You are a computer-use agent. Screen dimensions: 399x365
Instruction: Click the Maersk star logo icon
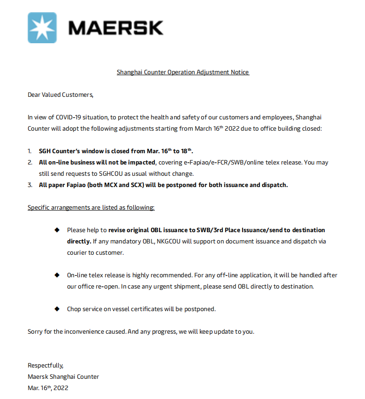point(42,28)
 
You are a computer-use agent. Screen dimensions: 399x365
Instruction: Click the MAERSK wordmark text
point(115,28)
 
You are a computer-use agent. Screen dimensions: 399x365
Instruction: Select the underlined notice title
point(183,72)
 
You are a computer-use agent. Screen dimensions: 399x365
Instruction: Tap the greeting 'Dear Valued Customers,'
point(61,95)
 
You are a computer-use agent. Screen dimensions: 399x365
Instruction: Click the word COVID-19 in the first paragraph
point(69,117)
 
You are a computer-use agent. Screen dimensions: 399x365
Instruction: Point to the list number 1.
point(30,151)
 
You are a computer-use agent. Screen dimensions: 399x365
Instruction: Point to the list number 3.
point(30,185)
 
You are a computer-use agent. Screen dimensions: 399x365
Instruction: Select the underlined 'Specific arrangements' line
point(91,207)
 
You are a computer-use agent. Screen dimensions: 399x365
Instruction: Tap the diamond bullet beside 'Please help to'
point(57,230)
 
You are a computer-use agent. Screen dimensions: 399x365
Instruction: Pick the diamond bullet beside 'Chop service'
point(57,309)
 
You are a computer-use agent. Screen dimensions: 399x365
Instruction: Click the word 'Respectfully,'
point(46,366)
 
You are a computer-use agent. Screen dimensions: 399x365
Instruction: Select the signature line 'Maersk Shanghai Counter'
point(63,377)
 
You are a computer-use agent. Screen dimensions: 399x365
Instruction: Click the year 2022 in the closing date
point(61,388)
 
